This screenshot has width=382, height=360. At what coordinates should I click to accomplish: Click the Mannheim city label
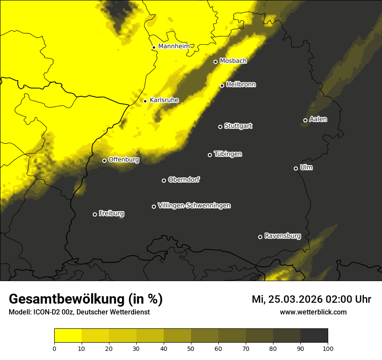point(174,46)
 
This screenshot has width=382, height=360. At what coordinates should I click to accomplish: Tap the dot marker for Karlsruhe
point(145,101)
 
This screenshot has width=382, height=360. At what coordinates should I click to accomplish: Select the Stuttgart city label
point(238,126)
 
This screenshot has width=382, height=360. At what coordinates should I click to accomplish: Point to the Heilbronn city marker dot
point(222,85)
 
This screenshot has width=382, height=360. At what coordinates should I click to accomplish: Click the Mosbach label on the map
point(233,61)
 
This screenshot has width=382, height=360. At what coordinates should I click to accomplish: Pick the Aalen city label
point(318,119)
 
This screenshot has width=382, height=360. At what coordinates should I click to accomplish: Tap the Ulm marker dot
point(296,168)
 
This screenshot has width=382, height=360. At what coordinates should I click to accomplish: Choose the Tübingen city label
point(228,154)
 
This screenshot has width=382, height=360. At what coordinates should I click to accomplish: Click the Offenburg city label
point(124,160)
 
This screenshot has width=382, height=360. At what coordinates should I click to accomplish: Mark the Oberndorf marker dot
point(164,180)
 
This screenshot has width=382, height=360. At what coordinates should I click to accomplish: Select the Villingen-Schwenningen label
point(194,206)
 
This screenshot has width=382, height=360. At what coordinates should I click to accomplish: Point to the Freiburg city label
point(111,213)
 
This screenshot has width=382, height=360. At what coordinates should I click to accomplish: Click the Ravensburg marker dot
point(260,237)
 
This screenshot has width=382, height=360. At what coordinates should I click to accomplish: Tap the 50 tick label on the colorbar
point(191,348)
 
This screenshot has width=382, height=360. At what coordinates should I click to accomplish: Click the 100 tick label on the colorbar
point(328,348)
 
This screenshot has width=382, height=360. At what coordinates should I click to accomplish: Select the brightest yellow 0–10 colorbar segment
point(68,336)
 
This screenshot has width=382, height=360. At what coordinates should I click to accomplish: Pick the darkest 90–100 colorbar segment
point(314,336)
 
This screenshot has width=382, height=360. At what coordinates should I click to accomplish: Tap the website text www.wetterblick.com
point(313,312)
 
